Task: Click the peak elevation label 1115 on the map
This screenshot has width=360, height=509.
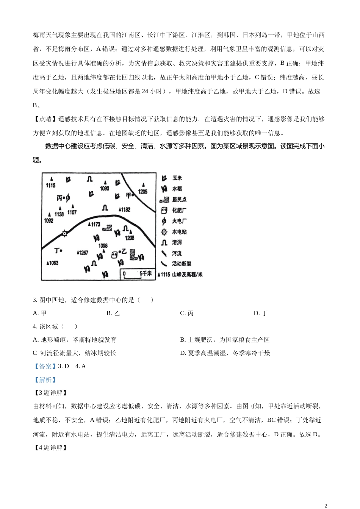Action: click(x=50, y=185)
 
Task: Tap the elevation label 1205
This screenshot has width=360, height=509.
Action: click(x=142, y=192)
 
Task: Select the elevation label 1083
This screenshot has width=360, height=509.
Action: click(x=52, y=263)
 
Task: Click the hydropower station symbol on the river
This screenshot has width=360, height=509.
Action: click(x=64, y=233)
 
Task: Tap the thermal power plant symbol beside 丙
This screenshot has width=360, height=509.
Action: click(x=68, y=198)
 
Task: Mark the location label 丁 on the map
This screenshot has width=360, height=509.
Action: click(x=57, y=250)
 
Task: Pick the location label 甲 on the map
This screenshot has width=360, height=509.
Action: click(x=128, y=195)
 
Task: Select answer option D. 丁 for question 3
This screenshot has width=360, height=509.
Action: click(x=261, y=313)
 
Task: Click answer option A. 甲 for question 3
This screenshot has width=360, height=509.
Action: click(x=40, y=313)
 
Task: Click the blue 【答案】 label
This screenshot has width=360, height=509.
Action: click(x=45, y=366)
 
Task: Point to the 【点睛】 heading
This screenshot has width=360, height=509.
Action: click(x=45, y=119)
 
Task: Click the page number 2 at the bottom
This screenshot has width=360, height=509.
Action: click(x=326, y=505)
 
